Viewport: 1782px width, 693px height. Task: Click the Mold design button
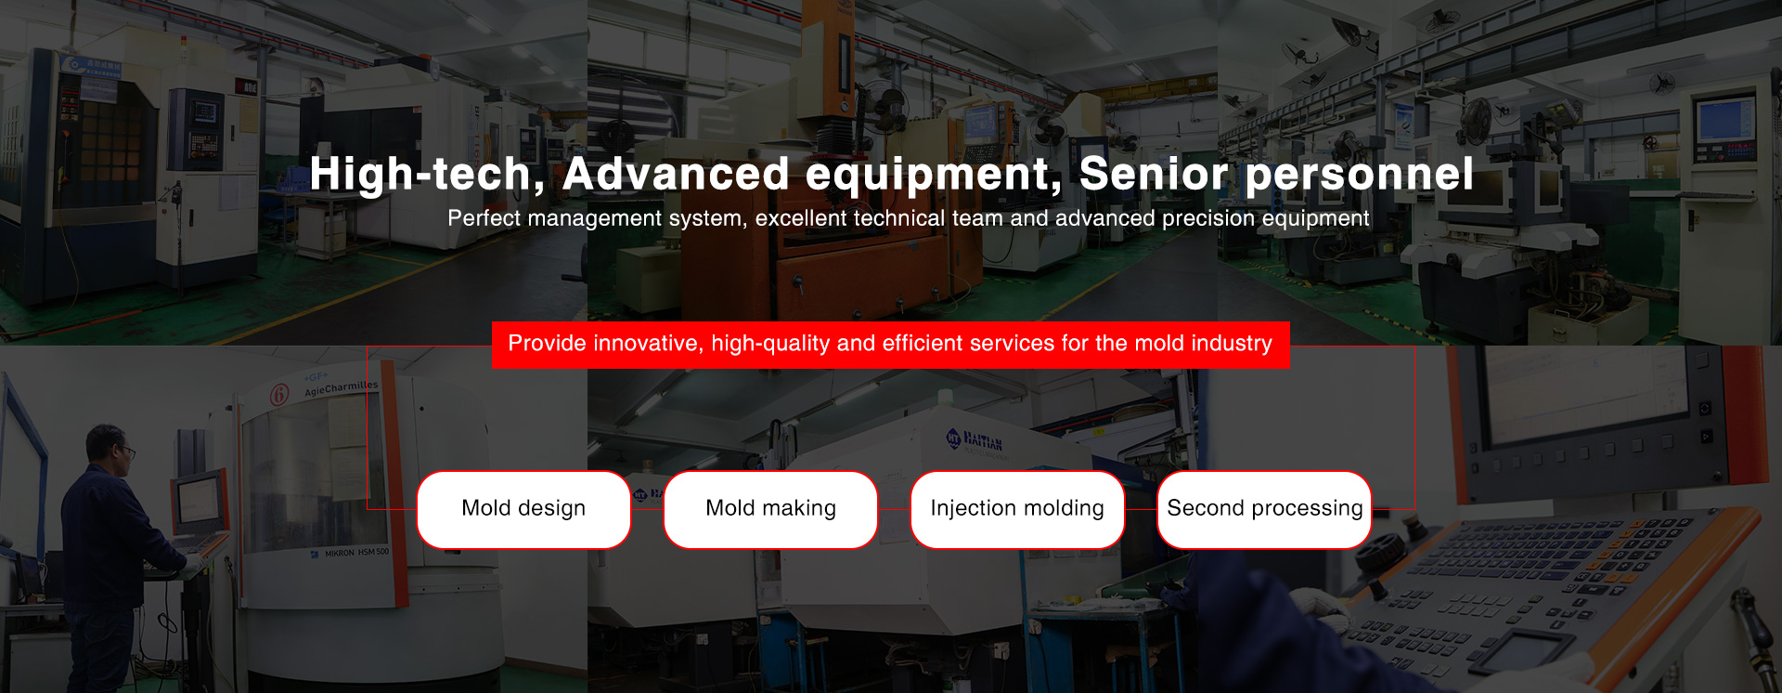point(523,509)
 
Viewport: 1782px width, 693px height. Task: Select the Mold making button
point(770,509)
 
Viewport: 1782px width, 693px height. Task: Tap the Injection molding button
point(1017,509)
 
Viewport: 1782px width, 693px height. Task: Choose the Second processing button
point(1264,509)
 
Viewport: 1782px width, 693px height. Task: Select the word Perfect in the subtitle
point(484,218)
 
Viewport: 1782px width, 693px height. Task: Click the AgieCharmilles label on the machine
point(342,388)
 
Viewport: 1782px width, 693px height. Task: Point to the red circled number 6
point(279,395)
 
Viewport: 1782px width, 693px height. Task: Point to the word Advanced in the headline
point(676,174)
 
